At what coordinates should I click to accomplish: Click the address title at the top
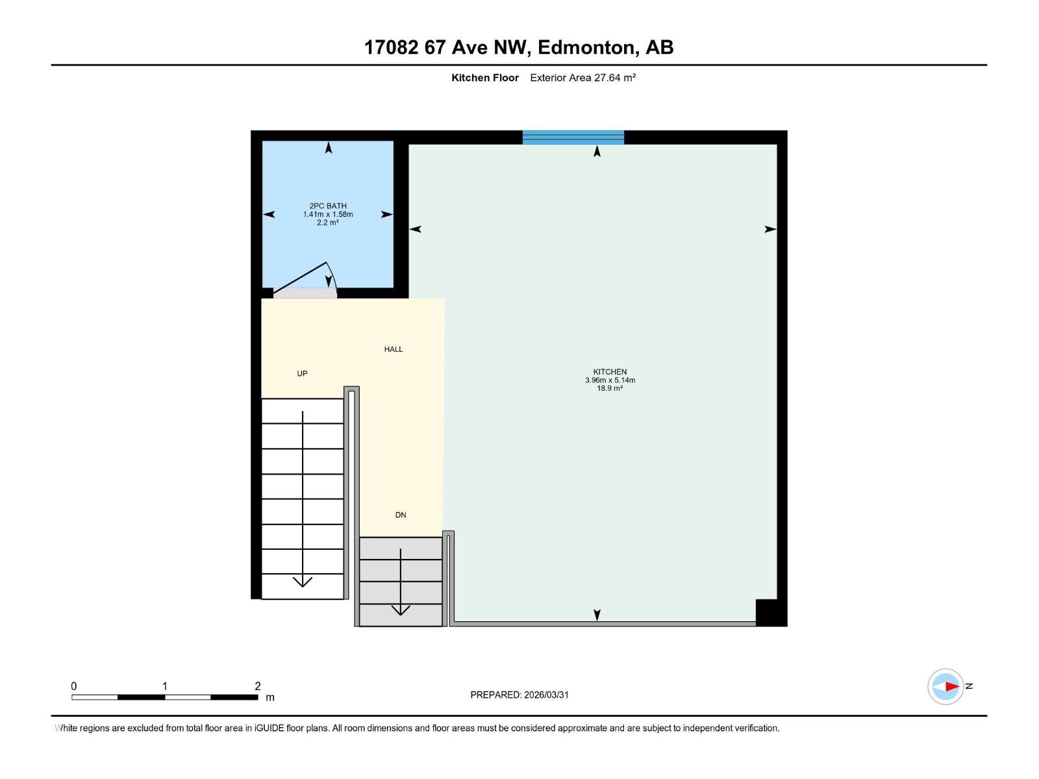coord(518,47)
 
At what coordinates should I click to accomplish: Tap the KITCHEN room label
coord(610,372)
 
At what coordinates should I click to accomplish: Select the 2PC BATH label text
coord(328,206)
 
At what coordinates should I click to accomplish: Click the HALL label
coord(394,349)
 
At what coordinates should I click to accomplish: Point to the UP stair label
coord(302,374)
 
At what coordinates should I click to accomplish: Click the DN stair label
coord(401,515)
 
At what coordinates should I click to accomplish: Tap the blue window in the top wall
coord(573,137)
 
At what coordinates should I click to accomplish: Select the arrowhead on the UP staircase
coord(303,581)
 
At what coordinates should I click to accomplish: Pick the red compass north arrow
coord(951,686)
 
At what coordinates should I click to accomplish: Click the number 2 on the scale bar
coord(258,686)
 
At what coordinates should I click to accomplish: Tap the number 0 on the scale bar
coord(74,686)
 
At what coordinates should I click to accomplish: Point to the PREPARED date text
coord(519,695)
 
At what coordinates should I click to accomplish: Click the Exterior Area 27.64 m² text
coord(582,78)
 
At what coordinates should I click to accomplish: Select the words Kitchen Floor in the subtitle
coord(485,78)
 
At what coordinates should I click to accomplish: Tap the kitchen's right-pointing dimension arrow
coord(770,229)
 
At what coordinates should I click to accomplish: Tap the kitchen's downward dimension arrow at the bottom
coord(597,614)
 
